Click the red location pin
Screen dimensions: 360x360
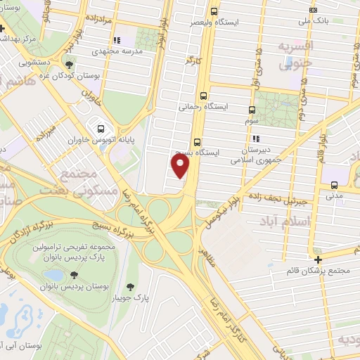pyautogui.click(x=181, y=166)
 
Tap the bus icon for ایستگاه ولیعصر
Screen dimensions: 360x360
pyautogui.click(x=214, y=11)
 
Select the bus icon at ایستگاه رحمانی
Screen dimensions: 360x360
pyautogui.click(x=203, y=96)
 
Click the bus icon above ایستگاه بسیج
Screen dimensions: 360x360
pyautogui.click(x=197, y=140)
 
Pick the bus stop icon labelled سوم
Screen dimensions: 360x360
pyautogui.click(x=252, y=110)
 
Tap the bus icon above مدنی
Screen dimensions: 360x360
pyautogui.click(x=333, y=186)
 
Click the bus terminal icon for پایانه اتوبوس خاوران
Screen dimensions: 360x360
pyautogui.click(x=101, y=129)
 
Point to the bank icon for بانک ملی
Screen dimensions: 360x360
pyautogui.click(x=313, y=10)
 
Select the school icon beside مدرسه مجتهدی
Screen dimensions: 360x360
pyautogui.click(x=117, y=40)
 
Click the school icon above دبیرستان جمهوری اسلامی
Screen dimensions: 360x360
pyautogui.click(x=256, y=139)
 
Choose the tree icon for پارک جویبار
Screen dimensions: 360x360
pyautogui.click(x=131, y=286)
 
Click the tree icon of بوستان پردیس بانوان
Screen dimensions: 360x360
pyautogui.click(x=75, y=276)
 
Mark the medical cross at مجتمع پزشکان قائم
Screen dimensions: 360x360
pyautogui.click(x=319, y=259)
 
